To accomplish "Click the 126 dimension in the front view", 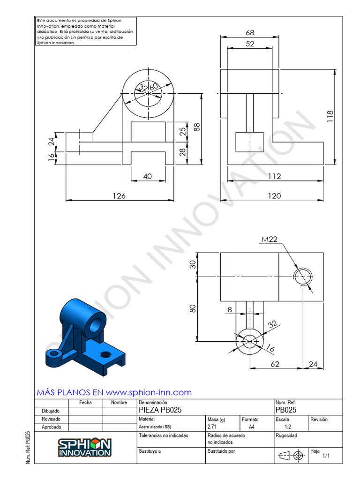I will (x=120, y=196).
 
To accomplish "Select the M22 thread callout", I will (x=270, y=239).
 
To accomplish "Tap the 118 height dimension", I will (x=330, y=116).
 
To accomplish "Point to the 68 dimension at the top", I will (x=250, y=33).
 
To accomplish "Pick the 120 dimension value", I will (x=274, y=196).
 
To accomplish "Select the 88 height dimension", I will (x=197, y=127).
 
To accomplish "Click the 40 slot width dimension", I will (x=147, y=176).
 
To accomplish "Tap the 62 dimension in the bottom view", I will (x=275, y=364).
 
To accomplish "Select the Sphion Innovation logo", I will (x=84, y=448).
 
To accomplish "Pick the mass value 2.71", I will (x=212, y=427).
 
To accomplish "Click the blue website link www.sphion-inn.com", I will (x=149, y=392).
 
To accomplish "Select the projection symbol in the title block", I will (x=291, y=455).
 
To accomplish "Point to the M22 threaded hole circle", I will (x=303, y=276).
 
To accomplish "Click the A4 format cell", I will (x=252, y=427).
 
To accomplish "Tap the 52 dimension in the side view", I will (x=250, y=44).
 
